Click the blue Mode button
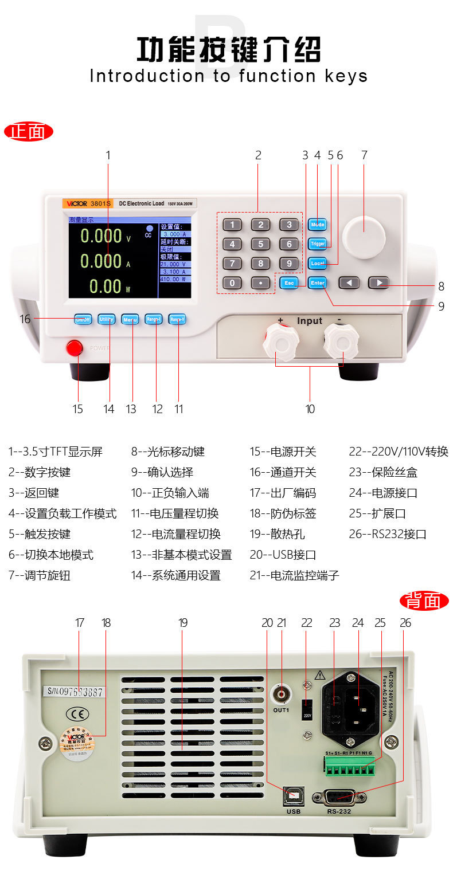click(317, 225)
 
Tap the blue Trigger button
click(317, 244)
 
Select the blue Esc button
click(289, 282)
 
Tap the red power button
click(74, 348)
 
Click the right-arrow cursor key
click(378, 282)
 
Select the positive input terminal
click(280, 344)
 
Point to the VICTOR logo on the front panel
click(77, 203)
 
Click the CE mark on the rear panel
click(77, 713)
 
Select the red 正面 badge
click(28, 132)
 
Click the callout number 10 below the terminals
click(310, 409)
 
